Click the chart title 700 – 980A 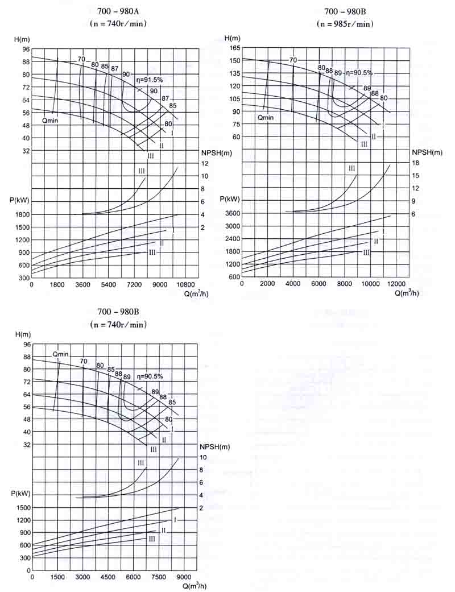tap(118, 11)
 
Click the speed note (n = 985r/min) tap(345, 24)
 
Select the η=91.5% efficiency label tap(148, 80)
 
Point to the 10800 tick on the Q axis tap(187, 284)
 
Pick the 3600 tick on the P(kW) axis tap(233, 213)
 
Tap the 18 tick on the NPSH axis tap(415, 163)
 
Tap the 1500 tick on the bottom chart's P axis tap(23, 507)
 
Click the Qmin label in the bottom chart tap(60, 354)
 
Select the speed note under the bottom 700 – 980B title tap(118, 324)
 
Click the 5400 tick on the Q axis tap(109, 284)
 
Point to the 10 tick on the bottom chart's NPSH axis tap(203, 457)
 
